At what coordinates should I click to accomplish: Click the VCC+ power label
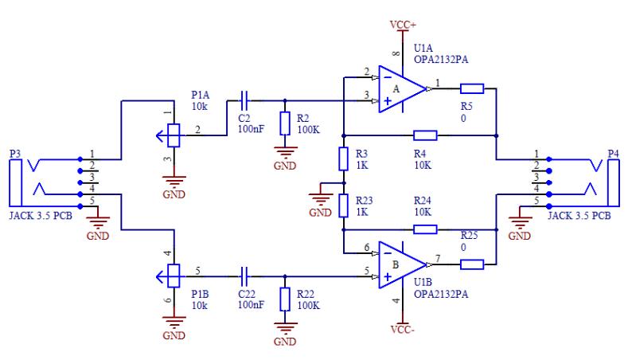(x=404, y=25)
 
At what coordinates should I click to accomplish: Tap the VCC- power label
(x=403, y=330)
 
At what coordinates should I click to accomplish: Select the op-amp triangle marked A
(x=403, y=89)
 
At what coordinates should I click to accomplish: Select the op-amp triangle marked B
(x=403, y=264)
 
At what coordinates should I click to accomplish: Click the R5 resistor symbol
(x=472, y=88)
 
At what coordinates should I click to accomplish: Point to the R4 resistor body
(x=425, y=135)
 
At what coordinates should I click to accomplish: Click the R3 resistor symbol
(x=343, y=158)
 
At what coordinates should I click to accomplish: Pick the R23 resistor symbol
(x=343, y=206)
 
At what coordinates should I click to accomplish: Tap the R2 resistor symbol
(x=285, y=123)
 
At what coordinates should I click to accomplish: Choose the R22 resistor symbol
(x=285, y=299)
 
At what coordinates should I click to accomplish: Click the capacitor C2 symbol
(x=244, y=100)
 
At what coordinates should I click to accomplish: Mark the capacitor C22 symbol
(x=244, y=276)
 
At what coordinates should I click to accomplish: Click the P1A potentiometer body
(x=174, y=135)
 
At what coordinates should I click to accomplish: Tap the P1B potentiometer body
(x=174, y=276)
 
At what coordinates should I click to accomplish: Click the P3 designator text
(x=15, y=154)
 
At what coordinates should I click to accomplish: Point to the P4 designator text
(x=613, y=154)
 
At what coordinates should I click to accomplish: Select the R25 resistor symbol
(x=472, y=264)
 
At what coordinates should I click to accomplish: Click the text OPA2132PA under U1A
(x=441, y=59)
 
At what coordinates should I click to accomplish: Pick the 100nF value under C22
(x=251, y=305)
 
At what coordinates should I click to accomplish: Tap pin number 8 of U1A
(x=396, y=53)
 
